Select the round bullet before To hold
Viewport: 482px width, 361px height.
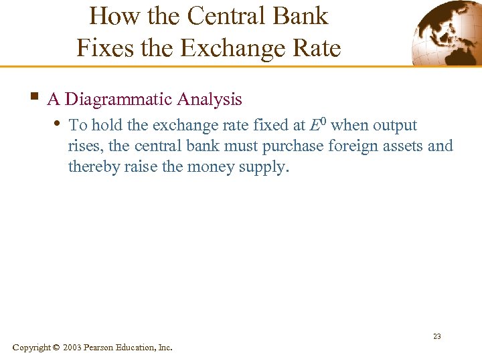(x=56, y=123)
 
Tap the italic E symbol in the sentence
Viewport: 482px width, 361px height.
(x=315, y=126)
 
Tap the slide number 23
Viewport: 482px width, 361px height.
(x=436, y=336)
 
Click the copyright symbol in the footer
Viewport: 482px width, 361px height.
(x=56, y=348)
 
